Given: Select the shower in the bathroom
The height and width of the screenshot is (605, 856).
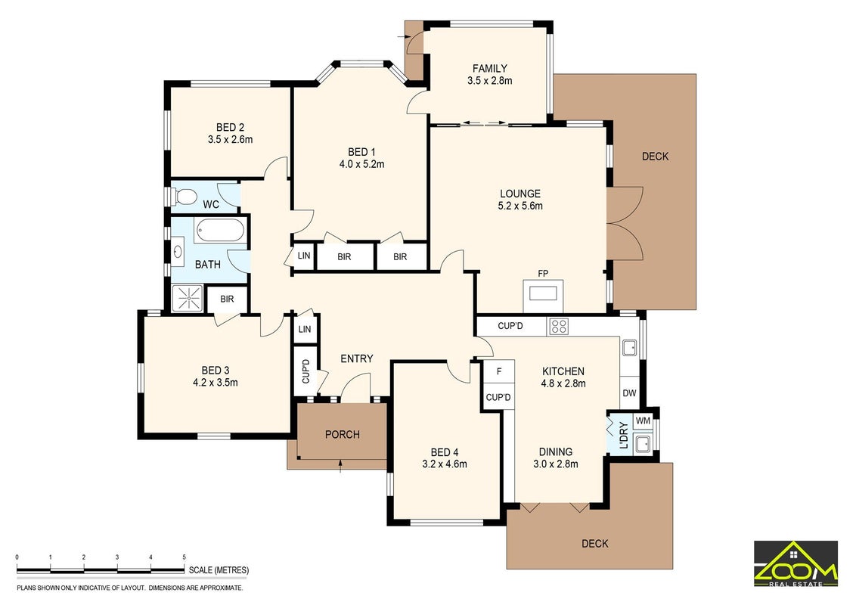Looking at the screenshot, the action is [188, 298].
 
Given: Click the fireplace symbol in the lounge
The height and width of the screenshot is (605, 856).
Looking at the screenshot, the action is [543, 293].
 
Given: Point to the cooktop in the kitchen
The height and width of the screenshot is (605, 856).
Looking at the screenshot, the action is [559, 326].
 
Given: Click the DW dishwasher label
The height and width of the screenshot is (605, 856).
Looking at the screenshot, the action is [629, 392].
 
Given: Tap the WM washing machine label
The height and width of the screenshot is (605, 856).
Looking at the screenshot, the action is [643, 421].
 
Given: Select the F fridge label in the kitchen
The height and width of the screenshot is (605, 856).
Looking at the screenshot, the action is [499, 372].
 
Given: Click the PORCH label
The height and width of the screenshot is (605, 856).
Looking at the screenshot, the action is [343, 435].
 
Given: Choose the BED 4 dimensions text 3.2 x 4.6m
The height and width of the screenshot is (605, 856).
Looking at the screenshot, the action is [445, 464].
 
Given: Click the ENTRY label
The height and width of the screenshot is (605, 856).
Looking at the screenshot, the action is [356, 358].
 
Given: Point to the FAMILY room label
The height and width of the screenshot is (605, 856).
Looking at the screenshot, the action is [490, 68].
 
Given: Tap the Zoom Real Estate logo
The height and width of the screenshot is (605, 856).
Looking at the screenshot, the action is [796, 564].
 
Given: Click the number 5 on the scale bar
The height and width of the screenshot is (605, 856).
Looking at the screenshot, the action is [185, 557].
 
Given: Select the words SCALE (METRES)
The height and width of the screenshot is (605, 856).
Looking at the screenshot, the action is [219, 570].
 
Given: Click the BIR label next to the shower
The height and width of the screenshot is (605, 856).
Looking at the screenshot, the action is [227, 299].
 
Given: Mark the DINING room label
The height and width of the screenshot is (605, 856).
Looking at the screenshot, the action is [556, 452].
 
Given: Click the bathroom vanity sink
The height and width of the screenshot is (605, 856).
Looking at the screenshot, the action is [178, 252].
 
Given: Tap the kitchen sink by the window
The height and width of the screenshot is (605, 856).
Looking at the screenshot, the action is [629, 347].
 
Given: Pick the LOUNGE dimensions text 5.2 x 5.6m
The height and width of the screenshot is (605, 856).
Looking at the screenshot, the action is [520, 206].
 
